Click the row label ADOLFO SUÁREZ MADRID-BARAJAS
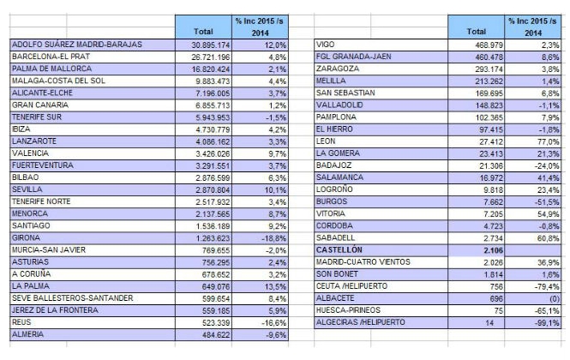76,45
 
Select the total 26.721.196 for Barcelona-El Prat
211,57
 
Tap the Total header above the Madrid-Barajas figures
203,32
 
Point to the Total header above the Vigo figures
477,32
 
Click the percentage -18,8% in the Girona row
273,238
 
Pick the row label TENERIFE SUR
37,117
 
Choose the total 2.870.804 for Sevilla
213,190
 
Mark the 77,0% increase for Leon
549,141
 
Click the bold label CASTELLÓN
339,250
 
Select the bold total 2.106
494,250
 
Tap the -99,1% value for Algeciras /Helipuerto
547,323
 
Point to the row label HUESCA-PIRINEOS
348,310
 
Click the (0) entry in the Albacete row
554,299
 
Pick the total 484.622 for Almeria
216,335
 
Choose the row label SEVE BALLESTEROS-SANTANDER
72,298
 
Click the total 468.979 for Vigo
489,45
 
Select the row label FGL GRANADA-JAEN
354,57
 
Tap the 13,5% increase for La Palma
275,287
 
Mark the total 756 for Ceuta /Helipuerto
496,287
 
